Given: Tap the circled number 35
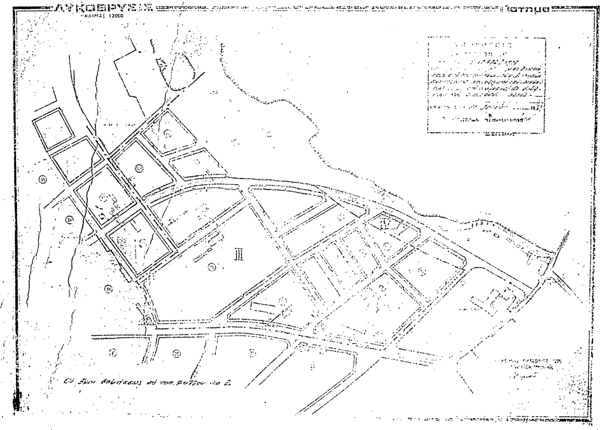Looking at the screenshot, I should (42, 180).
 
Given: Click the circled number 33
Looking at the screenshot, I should (108, 289).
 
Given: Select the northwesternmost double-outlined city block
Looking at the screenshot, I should (53, 128).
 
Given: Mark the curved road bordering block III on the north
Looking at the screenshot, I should (196, 191).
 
